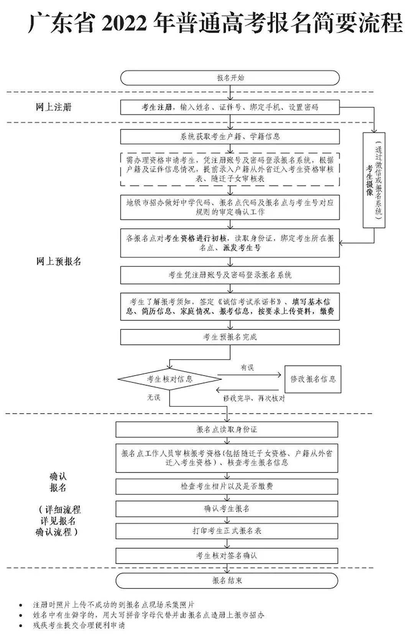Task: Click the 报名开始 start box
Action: [x=230, y=78]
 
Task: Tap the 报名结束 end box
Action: [x=227, y=580]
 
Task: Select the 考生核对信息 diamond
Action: [x=170, y=379]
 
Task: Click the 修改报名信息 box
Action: [x=313, y=379]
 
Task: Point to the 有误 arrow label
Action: [x=247, y=368]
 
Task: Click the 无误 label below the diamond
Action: [x=153, y=397]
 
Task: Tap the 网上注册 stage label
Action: [x=54, y=107]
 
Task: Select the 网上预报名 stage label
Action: [x=59, y=261]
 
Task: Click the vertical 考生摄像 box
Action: [x=374, y=180]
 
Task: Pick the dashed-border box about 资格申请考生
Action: [x=230, y=169]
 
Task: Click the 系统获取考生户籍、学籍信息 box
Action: [x=230, y=137]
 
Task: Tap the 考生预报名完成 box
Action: [x=230, y=337]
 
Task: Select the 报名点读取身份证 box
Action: [x=227, y=429]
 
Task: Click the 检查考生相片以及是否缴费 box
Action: [x=227, y=486]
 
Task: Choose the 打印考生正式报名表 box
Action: [x=227, y=531]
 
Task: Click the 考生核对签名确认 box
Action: [x=227, y=555]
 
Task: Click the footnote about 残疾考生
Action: [x=79, y=625]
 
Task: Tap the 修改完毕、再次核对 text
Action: [x=254, y=398]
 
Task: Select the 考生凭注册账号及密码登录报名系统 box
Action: [x=230, y=275]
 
